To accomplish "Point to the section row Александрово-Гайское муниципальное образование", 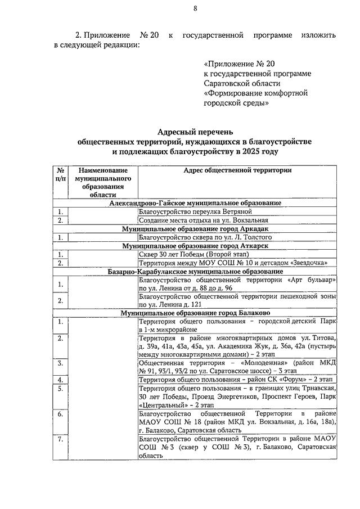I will click(195, 203).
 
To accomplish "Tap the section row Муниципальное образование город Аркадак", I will click(195, 229).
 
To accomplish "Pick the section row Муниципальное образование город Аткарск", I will click(195, 246).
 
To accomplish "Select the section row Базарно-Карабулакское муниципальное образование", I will click(195, 271).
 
